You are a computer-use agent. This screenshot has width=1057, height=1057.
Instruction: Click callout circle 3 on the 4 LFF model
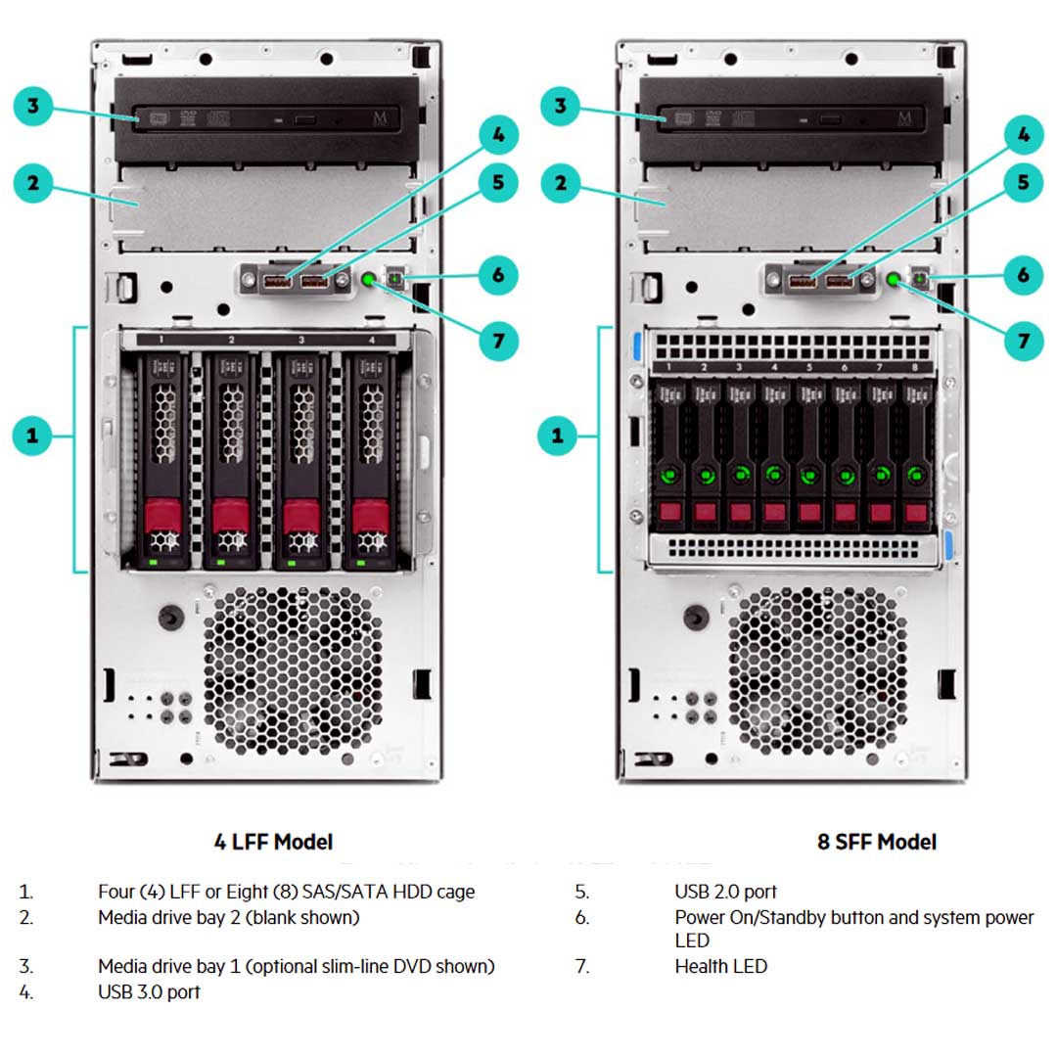[x=33, y=106]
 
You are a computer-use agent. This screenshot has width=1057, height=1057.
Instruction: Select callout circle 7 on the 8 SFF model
[x=1024, y=341]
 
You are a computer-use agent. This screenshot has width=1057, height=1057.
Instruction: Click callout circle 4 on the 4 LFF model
[x=498, y=135]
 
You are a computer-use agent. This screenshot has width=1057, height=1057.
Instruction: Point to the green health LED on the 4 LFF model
[x=369, y=280]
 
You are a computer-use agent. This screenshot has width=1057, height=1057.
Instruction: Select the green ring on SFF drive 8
[x=916, y=475]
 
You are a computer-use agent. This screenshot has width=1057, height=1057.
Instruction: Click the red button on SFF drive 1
[x=669, y=512]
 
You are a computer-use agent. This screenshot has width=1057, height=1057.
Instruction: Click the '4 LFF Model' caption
[x=273, y=842]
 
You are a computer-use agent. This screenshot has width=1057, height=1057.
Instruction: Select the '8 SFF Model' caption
[x=876, y=842]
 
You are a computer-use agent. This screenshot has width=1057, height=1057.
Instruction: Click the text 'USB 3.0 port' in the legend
[x=149, y=991]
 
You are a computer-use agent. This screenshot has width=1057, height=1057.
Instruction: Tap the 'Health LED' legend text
[x=720, y=966]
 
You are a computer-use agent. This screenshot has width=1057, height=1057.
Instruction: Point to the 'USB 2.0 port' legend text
[x=725, y=892]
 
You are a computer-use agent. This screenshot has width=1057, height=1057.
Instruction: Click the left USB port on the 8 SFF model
[x=801, y=282]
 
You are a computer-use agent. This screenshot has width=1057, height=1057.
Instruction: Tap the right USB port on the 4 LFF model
[x=315, y=282]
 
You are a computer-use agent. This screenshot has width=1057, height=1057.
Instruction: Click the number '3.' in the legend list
[x=26, y=966]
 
